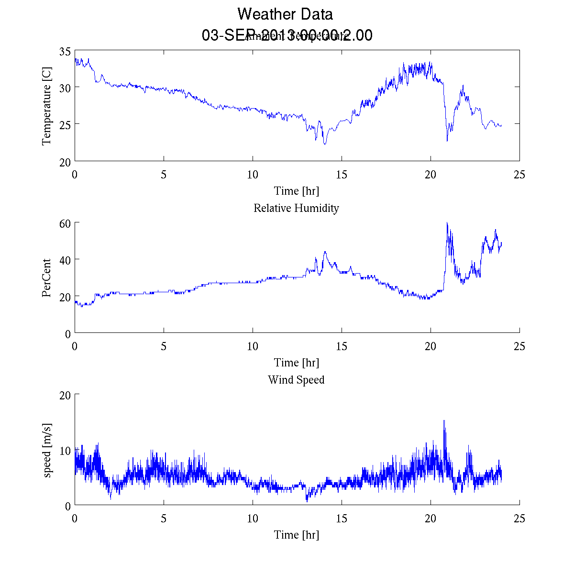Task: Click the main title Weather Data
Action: [x=285, y=14]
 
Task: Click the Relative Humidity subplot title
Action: [x=296, y=208]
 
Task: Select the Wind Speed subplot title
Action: [x=296, y=380]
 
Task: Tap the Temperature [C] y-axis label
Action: [x=46, y=106]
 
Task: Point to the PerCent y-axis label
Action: [x=46, y=278]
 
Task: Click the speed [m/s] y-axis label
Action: [x=47, y=450]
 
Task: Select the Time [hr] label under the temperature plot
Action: [x=296, y=191]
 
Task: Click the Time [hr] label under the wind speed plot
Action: [x=296, y=534]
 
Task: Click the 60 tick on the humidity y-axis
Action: [x=66, y=223]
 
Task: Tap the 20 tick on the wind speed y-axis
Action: [x=66, y=395]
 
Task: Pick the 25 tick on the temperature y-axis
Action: [x=66, y=124]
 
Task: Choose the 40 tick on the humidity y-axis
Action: [x=66, y=260]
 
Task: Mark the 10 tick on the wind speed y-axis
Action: [x=66, y=451]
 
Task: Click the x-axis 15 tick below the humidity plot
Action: [x=342, y=346]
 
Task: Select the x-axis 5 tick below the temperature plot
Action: [x=164, y=175]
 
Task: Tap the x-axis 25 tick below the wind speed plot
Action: [x=519, y=519]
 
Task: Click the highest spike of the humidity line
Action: [x=447, y=223]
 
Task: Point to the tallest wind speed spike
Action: [x=444, y=421]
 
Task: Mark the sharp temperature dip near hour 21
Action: [x=447, y=141]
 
